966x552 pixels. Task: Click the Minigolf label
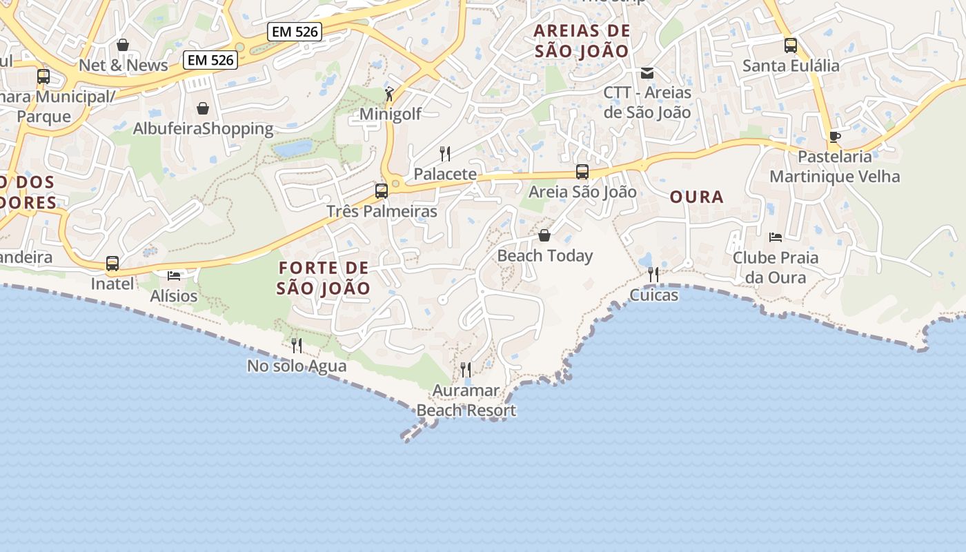tap(391, 114)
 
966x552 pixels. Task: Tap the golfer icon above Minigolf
tap(389, 94)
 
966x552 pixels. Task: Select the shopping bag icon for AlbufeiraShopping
tap(203, 108)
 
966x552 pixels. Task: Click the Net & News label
tap(124, 65)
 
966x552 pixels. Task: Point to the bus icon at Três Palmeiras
tap(382, 191)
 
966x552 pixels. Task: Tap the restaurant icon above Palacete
tap(445, 153)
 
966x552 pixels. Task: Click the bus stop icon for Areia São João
tap(582, 172)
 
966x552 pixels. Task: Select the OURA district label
tap(697, 197)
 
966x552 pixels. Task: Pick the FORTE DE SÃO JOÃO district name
tap(324, 278)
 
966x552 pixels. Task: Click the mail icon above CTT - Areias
tap(647, 72)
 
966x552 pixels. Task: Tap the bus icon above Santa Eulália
tap(791, 46)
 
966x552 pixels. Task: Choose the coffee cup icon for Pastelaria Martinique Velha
tap(834, 137)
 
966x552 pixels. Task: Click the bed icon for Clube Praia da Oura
tap(776, 237)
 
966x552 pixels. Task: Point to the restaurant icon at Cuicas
tap(653, 275)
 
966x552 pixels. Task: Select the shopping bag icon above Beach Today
tap(544, 236)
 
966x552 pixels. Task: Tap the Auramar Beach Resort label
tap(466, 401)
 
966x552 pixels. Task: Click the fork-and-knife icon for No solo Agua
tap(297, 345)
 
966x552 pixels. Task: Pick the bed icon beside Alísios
tap(174, 276)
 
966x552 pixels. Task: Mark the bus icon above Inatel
tap(112, 264)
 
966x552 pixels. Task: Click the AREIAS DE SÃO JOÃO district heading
tap(582, 41)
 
